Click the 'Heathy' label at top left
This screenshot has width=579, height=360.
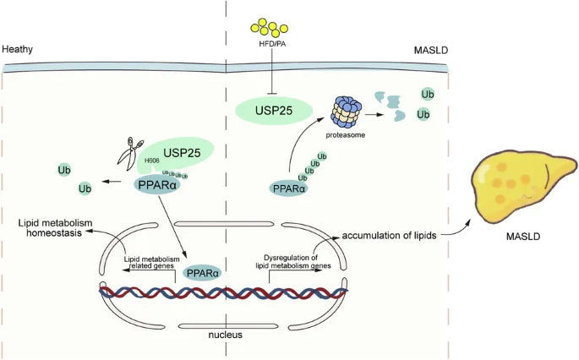[x=17, y=50]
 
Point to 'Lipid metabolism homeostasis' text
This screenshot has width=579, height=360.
[x=53, y=229]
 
